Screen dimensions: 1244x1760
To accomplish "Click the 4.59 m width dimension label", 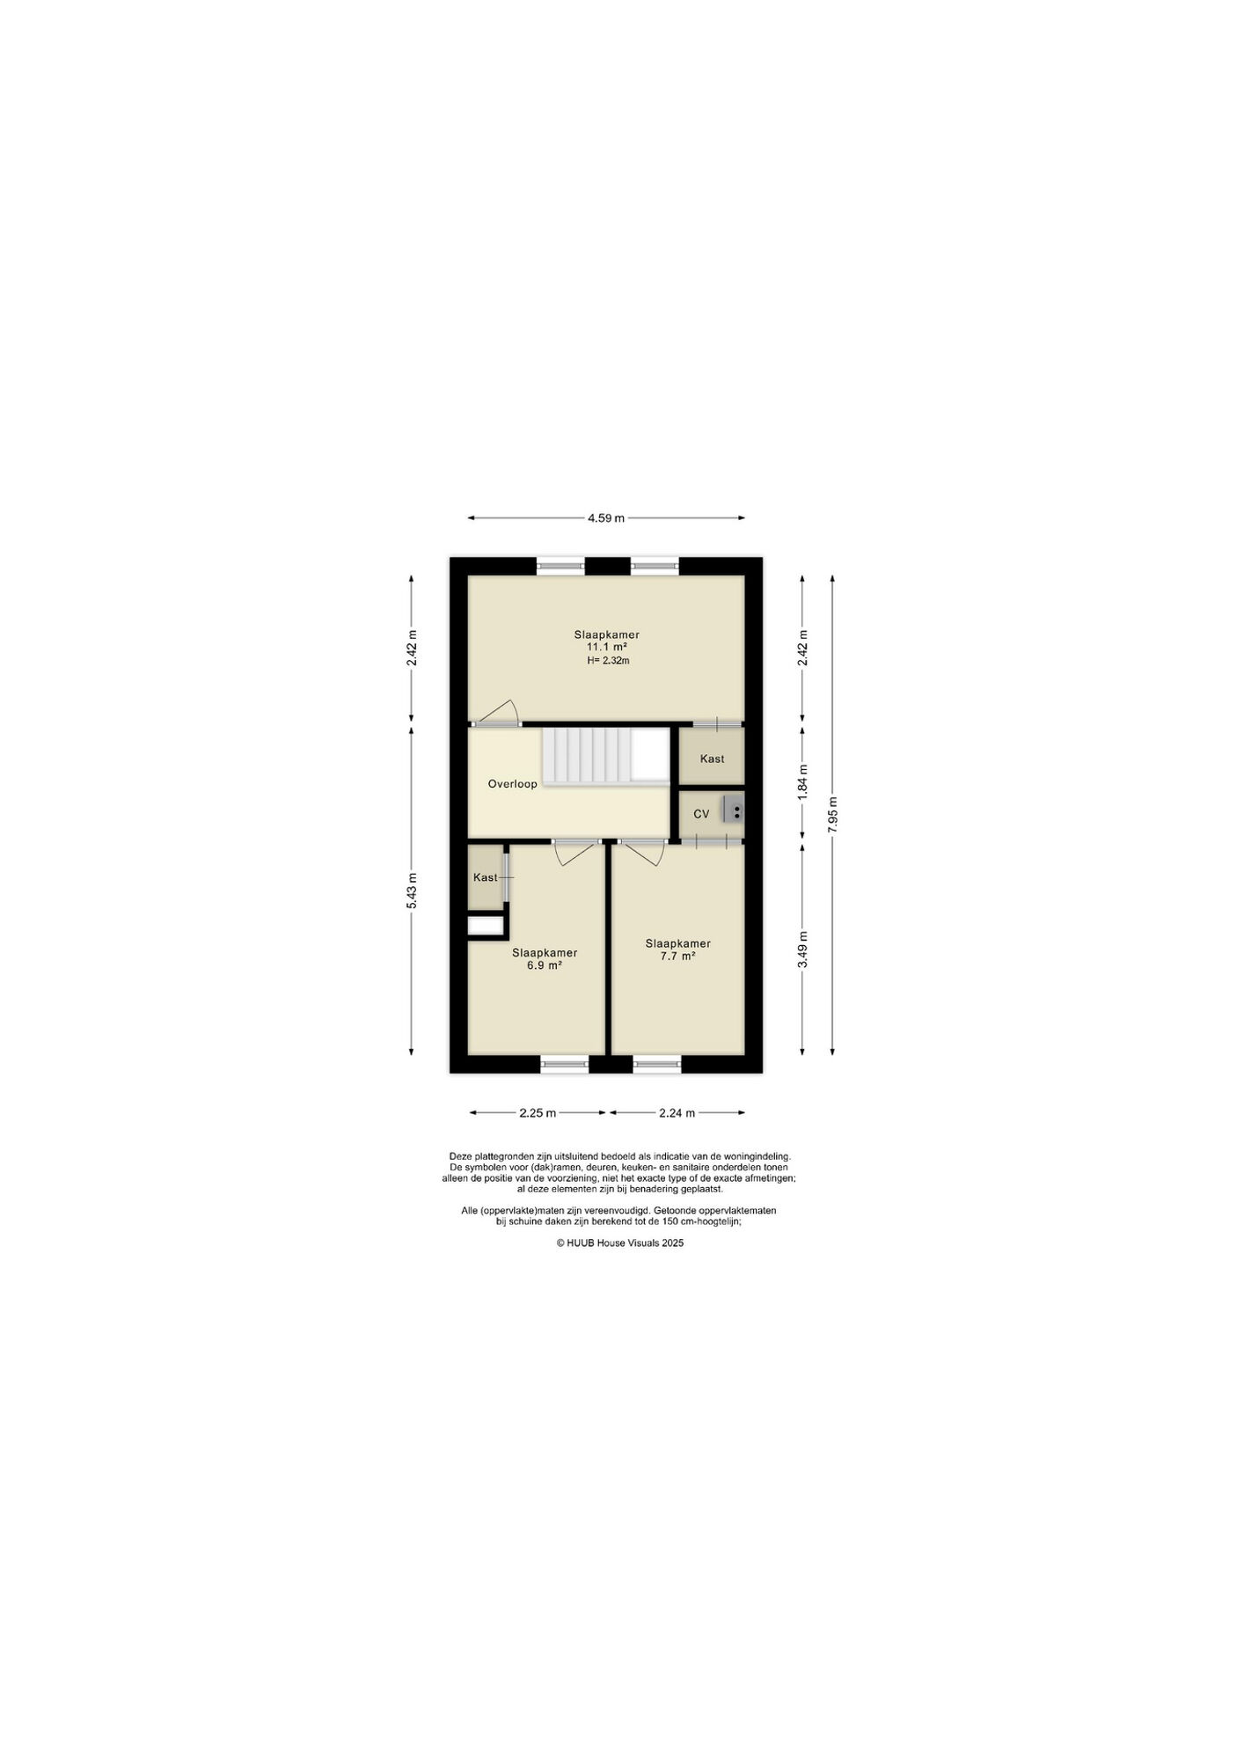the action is (606, 517).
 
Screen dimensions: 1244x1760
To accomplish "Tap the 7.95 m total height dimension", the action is (832, 814).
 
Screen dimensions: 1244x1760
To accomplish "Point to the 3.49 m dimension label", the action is (801, 950).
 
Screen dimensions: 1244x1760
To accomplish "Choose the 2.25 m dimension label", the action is (538, 1112).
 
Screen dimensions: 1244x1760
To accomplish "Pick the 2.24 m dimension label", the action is (677, 1112).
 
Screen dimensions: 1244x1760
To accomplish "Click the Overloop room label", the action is (512, 784).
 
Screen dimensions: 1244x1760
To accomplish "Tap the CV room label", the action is (701, 814).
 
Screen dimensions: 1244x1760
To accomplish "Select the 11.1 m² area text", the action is (606, 647).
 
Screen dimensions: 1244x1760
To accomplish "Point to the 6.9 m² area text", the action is (545, 964).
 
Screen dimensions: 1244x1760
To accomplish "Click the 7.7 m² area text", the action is (677, 956).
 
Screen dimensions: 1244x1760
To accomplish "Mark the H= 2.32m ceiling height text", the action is (608, 660).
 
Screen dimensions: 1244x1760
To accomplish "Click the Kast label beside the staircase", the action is (712, 759).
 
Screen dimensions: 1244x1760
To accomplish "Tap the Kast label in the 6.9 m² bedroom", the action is (485, 877).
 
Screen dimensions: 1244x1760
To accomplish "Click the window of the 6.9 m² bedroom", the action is (564, 1064).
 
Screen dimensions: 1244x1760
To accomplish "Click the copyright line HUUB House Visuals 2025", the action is (619, 1243).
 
